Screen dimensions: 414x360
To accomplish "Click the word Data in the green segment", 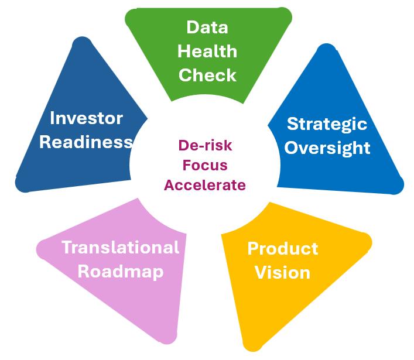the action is pos(207,28).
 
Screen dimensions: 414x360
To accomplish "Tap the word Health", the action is pos(207,52).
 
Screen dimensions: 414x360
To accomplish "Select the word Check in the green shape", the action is pos(207,75).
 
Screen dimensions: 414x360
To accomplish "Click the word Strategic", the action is pos(327,124).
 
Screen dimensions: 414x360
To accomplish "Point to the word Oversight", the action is pos(329,148).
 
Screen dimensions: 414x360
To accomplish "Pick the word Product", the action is pos(283,248).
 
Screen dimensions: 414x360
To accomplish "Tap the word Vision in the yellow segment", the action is pos(283,272).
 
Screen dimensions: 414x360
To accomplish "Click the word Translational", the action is pos(121,247).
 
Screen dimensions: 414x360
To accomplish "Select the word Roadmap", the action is pos(121,272).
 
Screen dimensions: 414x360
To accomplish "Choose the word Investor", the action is pos(86,118).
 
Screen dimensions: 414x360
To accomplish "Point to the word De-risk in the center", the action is pos(204,144).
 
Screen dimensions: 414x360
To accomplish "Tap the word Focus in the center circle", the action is pos(204,164).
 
